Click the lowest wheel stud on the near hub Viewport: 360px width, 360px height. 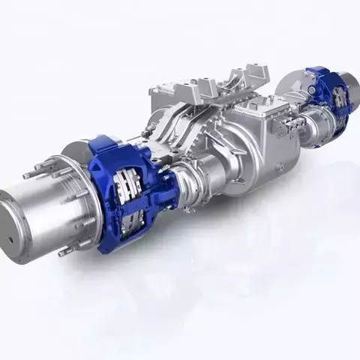[x=63, y=252]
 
